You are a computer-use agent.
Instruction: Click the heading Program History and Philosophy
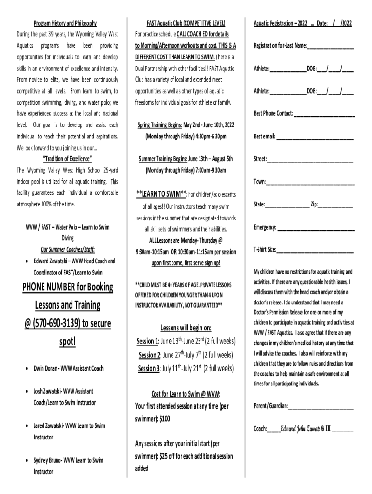coord(65,23)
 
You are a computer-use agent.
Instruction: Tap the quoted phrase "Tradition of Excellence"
coord(68,159)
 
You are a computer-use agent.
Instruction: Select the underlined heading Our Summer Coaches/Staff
coord(68,249)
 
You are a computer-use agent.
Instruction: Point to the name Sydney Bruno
coord(47,460)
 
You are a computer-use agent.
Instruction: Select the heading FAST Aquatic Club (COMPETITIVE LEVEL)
coord(186,23)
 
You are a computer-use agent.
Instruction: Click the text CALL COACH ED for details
coord(202,34)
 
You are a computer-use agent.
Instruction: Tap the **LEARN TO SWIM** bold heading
coord(161,194)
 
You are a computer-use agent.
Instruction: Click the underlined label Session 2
coord(150,356)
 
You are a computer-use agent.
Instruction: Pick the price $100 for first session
coord(164,419)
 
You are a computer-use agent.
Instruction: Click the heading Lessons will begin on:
coord(186,329)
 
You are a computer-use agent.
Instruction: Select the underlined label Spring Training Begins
coord(160,125)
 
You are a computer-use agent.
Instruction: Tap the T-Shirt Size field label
coord(265,249)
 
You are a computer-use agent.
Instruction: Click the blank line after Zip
coord(335,205)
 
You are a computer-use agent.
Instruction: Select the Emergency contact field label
coord(265,227)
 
